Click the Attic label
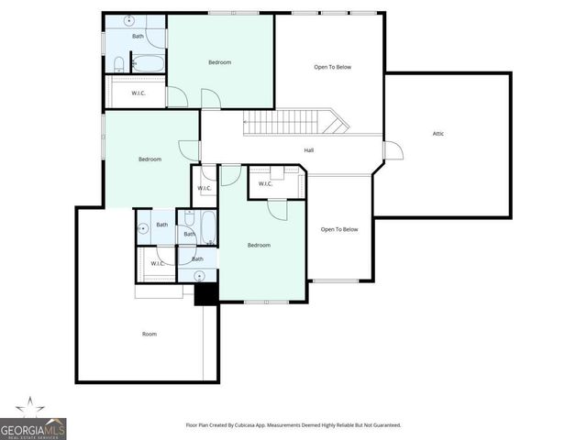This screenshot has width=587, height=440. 438,134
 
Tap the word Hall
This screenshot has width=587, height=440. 310,150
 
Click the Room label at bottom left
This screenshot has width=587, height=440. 149,334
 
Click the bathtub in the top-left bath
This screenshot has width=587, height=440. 148,63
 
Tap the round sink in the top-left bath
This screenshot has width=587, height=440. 129,19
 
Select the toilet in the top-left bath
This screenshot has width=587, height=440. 120,62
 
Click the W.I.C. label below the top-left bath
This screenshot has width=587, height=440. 138,93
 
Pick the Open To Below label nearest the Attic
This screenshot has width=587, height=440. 333,67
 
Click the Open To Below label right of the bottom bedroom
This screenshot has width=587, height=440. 338,229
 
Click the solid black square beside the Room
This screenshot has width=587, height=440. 205,294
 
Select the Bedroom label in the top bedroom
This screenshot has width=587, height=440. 219,62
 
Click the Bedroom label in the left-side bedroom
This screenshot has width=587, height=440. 150,159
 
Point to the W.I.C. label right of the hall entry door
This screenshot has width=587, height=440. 265,184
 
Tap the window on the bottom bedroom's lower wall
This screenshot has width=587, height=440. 262,302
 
